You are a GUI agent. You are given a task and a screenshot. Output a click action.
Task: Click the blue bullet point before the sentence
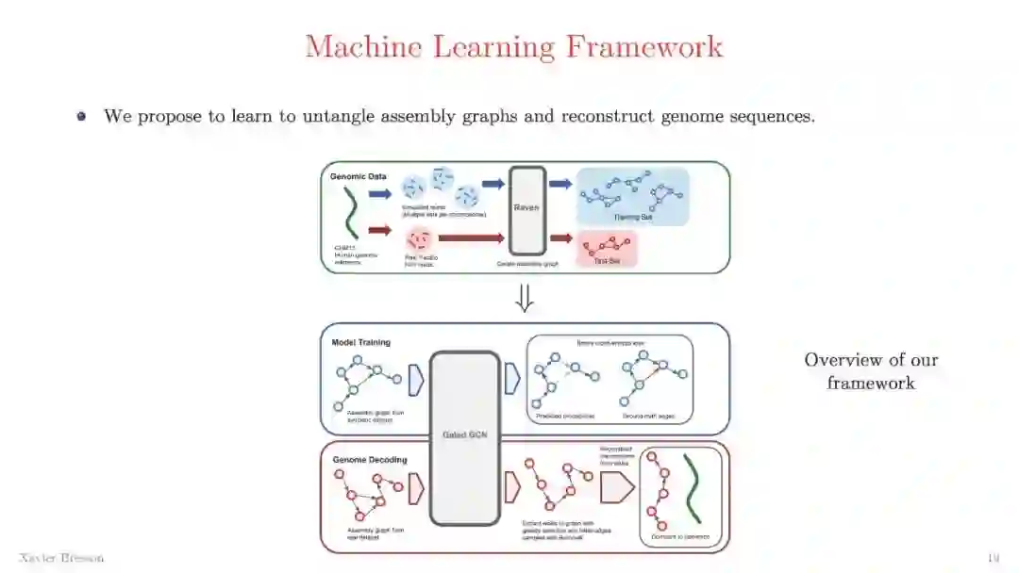tap(82, 117)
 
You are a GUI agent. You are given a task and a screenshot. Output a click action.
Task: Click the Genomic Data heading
tap(358, 176)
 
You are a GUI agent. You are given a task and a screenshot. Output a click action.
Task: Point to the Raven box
tap(527, 210)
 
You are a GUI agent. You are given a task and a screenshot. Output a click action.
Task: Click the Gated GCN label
tap(463, 434)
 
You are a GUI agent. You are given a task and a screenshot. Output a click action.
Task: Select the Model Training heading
tap(361, 342)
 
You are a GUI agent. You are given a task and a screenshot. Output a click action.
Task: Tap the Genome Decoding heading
tap(370, 460)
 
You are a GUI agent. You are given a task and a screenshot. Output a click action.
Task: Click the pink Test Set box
tap(606, 248)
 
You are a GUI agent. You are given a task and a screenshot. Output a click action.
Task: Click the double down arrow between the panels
tap(525, 298)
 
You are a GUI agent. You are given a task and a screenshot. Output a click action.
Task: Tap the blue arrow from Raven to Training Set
tap(560, 184)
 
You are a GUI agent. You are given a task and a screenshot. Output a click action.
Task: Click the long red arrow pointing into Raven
tap(471, 239)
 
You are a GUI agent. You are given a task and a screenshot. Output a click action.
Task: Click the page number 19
tap(993, 558)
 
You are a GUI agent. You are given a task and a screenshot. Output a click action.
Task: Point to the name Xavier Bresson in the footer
tap(60, 558)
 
